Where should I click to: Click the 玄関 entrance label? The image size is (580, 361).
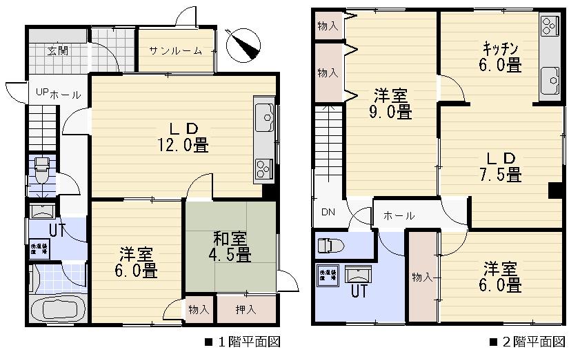(x=57, y=50)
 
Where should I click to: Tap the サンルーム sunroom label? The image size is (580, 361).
(x=175, y=50)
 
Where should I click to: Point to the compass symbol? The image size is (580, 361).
(x=245, y=43)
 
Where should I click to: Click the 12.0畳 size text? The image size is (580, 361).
(x=182, y=145)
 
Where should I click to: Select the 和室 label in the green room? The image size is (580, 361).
(x=230, y=240)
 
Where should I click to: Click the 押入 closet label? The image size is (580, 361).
(x=246, y=310)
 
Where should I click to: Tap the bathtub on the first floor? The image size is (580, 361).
(x=59, y=309)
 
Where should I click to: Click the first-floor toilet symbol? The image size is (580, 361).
(x=41, y=168)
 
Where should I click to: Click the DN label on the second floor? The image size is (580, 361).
(x=328, y=213)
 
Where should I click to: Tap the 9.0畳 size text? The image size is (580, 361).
(x=390, y=111)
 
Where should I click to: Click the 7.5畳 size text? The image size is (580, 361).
(x=500, y=175)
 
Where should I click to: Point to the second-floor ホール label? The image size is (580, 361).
(x=399, y=216)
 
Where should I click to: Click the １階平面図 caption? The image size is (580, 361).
(x=242, y=342)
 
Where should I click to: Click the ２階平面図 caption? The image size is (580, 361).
(x=528, y=342)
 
